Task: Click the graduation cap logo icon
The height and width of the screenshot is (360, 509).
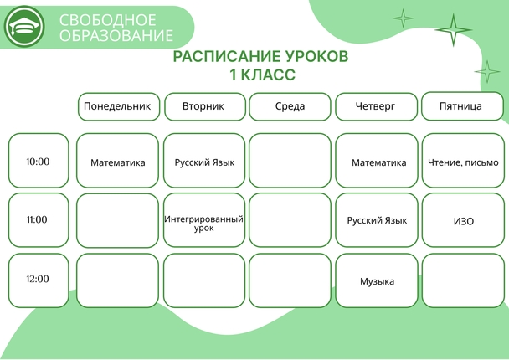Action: (x=24, y=26)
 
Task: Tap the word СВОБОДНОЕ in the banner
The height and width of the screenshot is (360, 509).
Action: (x=108, y=20)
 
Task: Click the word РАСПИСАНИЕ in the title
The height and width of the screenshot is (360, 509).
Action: (x=226, y=56)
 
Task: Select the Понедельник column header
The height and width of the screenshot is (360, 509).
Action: (x=119, y=106)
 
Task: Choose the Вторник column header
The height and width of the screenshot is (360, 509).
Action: (x=205, y=106)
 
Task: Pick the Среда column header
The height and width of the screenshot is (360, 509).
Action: (x=290, y=106)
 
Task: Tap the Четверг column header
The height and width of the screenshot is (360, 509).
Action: (x=376, y=106)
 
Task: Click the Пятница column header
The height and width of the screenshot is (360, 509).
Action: (x=462, y=106)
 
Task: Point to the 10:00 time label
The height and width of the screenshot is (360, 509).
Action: (x=39, y=161)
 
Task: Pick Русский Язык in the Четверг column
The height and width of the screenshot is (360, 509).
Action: (x=377, y=220)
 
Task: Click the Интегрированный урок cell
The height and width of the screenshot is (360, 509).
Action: (x=204, y=220)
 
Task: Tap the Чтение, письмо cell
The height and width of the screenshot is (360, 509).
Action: (x=463, y=161)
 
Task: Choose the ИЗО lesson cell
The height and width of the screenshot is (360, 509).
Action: (x=463, y=220)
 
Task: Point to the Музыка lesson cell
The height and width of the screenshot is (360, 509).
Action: (x=377, y=280)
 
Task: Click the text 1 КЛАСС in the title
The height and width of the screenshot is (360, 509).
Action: (x=262, y=75)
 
